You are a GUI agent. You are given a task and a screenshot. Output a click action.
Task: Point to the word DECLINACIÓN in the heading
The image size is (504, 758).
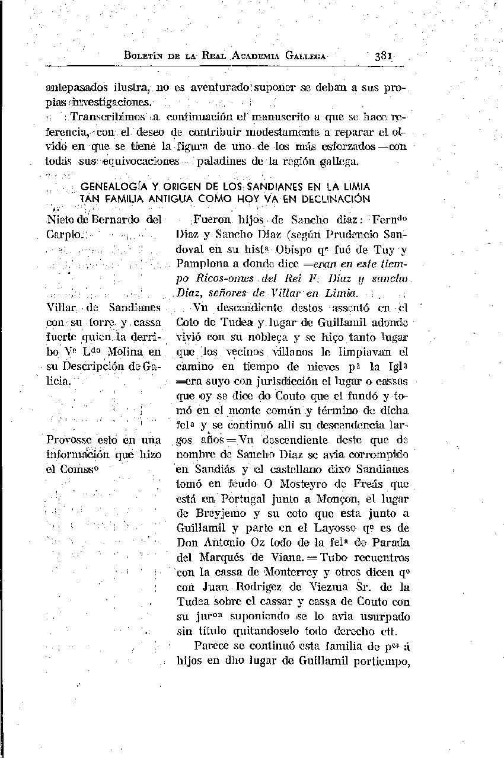(x=335, y=199)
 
